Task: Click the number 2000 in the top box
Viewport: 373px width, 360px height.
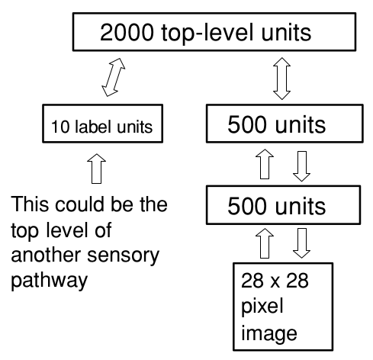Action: tap(127, 32)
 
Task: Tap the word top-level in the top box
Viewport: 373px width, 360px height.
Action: tap(207, 34)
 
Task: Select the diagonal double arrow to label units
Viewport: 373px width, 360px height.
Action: tap(114, 77)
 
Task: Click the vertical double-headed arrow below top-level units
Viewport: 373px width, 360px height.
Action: tap(281, 79)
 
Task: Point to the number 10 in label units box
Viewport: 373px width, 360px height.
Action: tap(60, 127)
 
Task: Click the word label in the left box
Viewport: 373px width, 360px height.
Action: tap(93, 126)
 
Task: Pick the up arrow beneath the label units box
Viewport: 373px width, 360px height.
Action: tap(96, 169)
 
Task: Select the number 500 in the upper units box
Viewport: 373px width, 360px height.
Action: tap(249, 124)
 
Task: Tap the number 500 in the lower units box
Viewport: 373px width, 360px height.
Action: tap(249, 206)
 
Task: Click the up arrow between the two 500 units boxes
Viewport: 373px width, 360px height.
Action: tap(265, 164)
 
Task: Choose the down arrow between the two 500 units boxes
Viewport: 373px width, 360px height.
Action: tap(301, 166)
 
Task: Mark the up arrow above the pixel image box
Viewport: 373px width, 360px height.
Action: tap(265, 243)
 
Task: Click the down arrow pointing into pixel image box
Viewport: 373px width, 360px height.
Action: tap(301, 243)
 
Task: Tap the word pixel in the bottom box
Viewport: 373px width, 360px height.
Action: tap(262, 307)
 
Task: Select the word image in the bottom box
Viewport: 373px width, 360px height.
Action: tap(269, 333)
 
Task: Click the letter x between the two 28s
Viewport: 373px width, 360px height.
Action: tap(275, 283)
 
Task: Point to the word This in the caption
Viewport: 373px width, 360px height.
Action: tap(30, 204)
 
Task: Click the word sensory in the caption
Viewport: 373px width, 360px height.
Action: tap(124, 256)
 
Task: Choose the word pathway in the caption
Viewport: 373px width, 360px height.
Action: tap(50, 281)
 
